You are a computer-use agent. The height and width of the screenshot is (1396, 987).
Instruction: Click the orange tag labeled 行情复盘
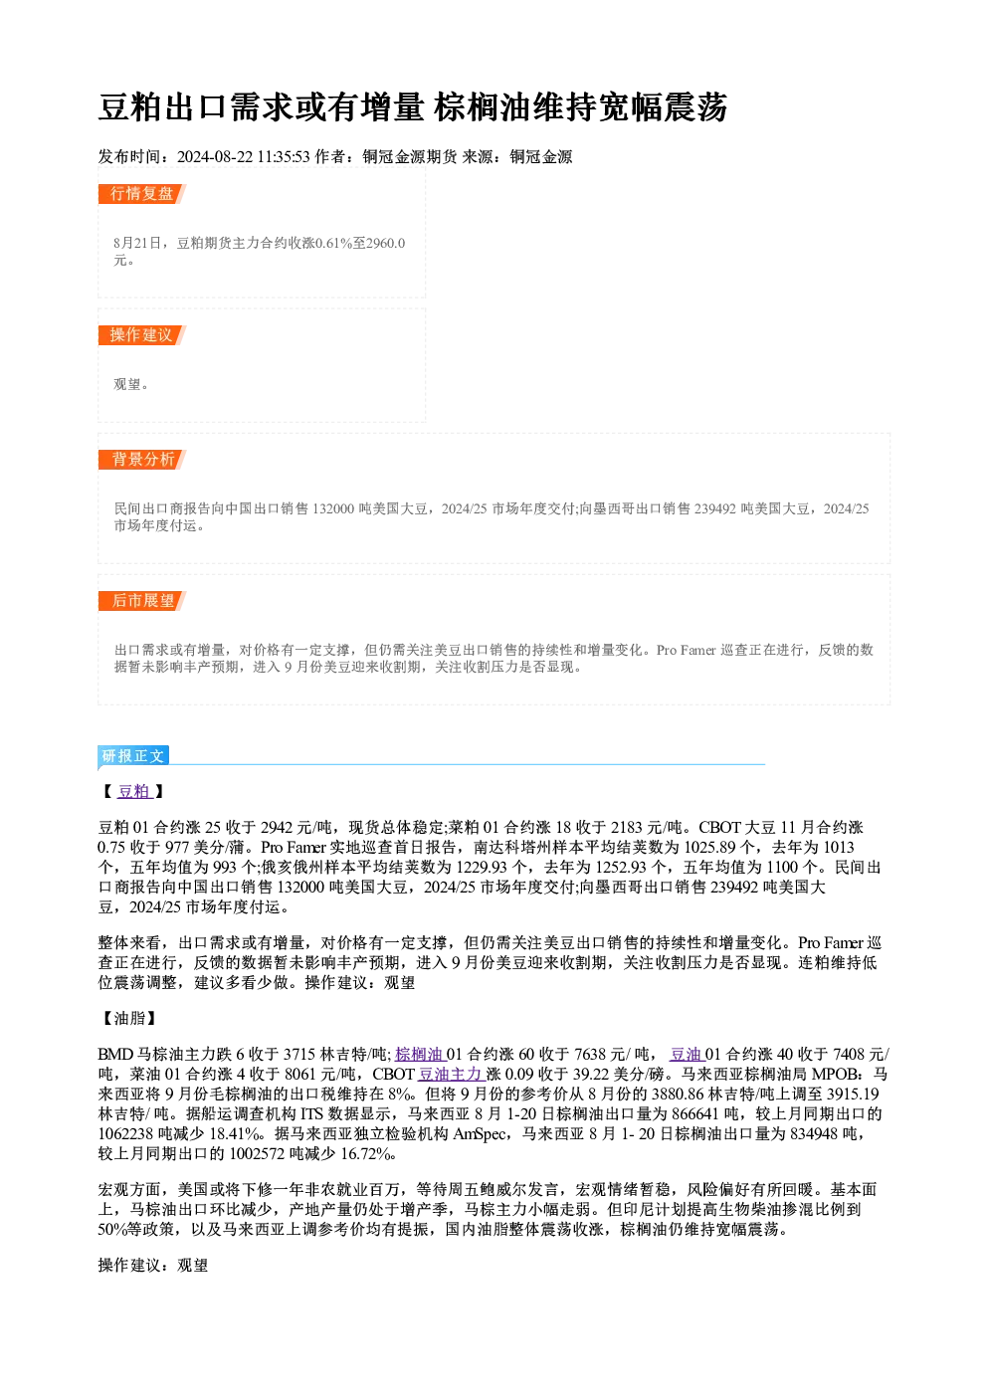coord(141,194)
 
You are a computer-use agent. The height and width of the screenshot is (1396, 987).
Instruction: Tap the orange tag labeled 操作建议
coord(141,335)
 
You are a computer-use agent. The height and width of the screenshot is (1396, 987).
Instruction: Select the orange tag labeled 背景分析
coord(141,460)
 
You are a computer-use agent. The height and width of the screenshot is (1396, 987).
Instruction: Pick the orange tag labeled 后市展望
coord(141,601)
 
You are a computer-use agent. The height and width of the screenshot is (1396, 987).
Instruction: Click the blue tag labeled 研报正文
coord(132,756)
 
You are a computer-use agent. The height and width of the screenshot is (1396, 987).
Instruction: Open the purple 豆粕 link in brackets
coord(134,791)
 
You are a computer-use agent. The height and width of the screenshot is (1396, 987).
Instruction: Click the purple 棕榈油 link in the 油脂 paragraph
coord(419,1054)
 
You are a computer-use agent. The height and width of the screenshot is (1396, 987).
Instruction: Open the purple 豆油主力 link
coord(451,1074)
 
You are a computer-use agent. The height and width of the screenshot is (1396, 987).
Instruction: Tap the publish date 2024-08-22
coord(214,157)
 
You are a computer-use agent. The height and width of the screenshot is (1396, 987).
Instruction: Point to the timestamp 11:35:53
coord(284,157)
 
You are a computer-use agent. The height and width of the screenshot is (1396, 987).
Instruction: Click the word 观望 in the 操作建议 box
coord(127,384)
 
